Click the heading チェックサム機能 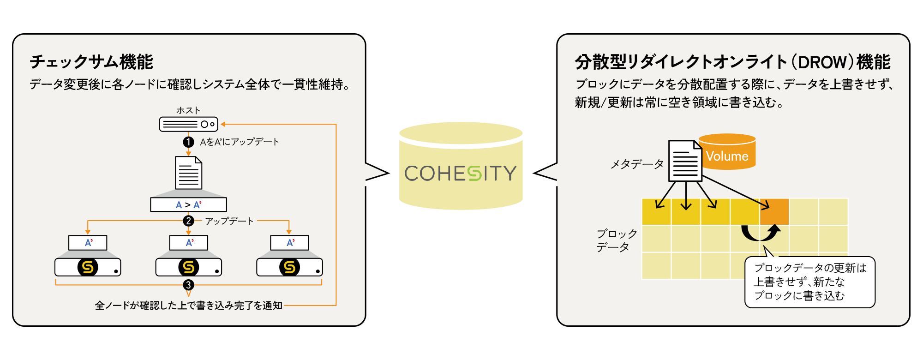[x=91, y=62]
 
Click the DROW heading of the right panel [x=732, y=62]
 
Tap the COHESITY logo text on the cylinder [x=460, y=174]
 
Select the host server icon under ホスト [x=188, y=124]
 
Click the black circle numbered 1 [x=188, y=142]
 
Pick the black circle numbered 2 [x=188, y=221]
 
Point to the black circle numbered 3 [x=188, y=285]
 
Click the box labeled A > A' [x=188, y=205]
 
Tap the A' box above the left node [x=88, y=243]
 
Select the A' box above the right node [x=289, y=243]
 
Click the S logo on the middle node [x=188, y=267]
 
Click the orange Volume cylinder [x=728, y=152]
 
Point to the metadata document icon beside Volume [x=685, y=161]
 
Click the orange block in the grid [x=774, y=212]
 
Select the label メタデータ [x=637, y=164]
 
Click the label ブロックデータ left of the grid [x=616, y=240]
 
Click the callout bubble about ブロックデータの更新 [x=810, y=282]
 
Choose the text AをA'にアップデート [x=239, y=142]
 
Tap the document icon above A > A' [x=188, y=173]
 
